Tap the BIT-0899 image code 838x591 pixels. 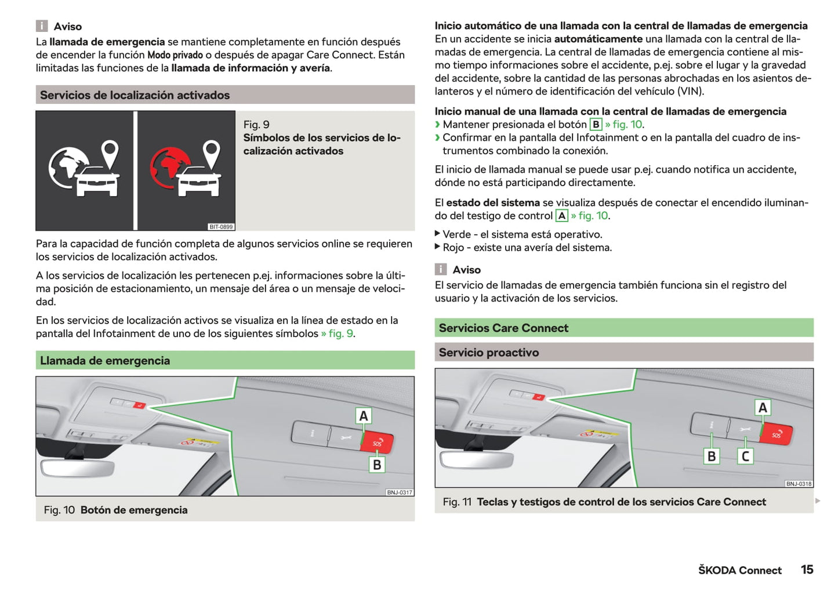pyautogui.click(x=221, y=227)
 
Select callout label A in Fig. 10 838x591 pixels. pyautogui.click(x=364, y=416)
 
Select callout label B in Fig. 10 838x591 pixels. pyautogui.click(x=377, y=465)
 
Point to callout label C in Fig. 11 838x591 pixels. pyautogui.click(x=745, y=456)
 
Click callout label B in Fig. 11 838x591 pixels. pyautogui.click(x=712, y=456)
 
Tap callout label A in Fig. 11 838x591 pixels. pyautogui.click(x=763, y=408)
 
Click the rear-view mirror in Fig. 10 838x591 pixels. pyautogui.click(x=77, y=467)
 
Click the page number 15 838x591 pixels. pyautogui.click(x=807, y=570)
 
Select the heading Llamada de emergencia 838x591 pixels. pyautogui.click(x=105, y=361)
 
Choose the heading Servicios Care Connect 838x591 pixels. pyautogui.click(x=503, y=328)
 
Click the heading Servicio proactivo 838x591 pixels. pyautogui.click(x=489, y=353)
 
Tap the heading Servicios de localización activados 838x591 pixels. pyautogui.click(x=135, y=95)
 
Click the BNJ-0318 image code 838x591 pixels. pyautogui.click(x=799, y=484)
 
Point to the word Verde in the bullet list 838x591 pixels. pyautogui.click(x=457, y=234)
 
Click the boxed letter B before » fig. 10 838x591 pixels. pyautogui.click(x=596, y=125)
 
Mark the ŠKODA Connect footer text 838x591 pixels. pyautogui.click(x=739, y=570)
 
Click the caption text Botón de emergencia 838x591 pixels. pyautogui.click(x=134, y=510)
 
